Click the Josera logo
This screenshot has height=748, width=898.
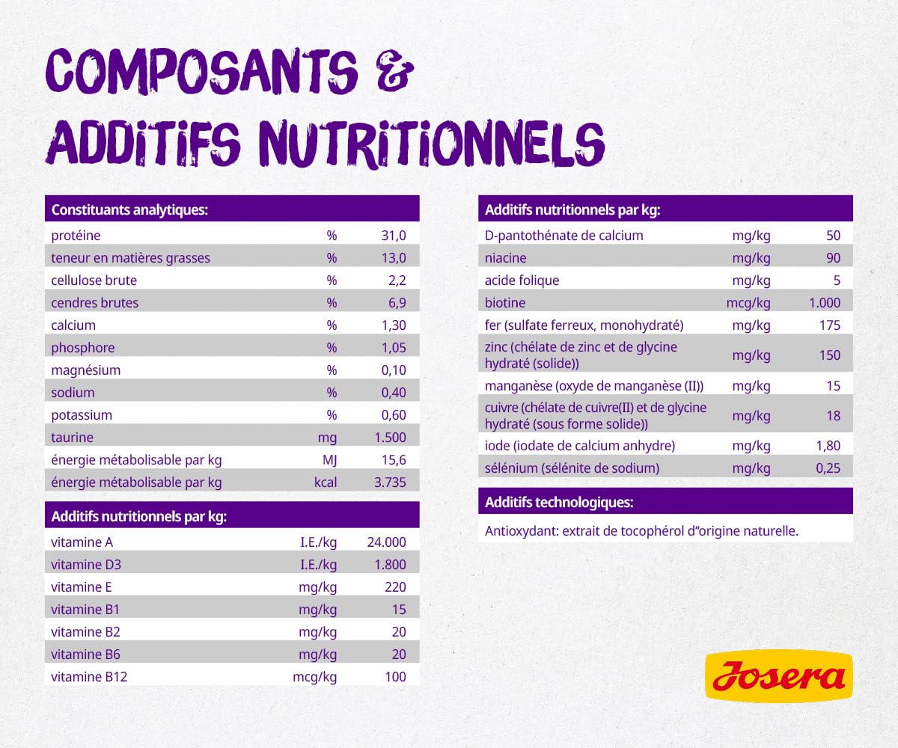[779, 676]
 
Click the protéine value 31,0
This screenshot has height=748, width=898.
[393, 236]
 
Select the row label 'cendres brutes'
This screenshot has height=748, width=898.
[95, 303]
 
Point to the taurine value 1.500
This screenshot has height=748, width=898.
[391, 438]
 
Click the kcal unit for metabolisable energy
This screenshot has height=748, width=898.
[326, 482]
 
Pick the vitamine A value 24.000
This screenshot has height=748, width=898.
[386, 542]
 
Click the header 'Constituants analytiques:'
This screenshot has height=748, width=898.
[129, 210]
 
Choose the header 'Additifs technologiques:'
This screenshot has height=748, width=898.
[559, 502]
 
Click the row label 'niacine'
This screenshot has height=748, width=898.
[506, 258]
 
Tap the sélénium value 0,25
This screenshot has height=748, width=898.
[826, 468]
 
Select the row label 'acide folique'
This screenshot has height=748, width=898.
[522, 280]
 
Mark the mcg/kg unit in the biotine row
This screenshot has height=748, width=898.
[748, 303]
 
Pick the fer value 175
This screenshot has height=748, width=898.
[829, 325]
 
